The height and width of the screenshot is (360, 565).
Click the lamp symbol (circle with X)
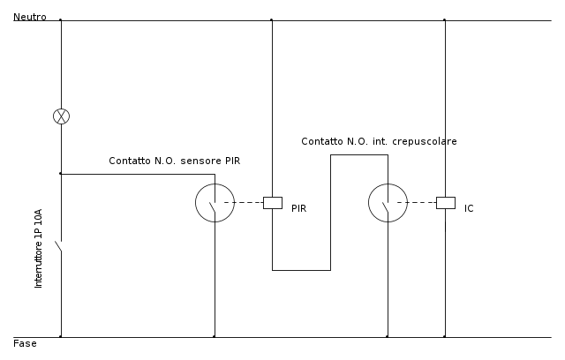pyautogui.click(x=61, y=116)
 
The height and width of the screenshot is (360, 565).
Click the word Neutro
pyautogui.click(x=30, y=17)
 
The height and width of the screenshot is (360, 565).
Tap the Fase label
pyautogui.click(x=25, y=343)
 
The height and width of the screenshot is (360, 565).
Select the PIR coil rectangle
pyautogui.click(x=273, y=203)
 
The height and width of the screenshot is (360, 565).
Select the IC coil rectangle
pyautogui.click(x=446, y=203)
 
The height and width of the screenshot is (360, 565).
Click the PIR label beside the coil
pyautogui.click(x=298, y=208)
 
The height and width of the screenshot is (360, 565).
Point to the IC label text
pyautogui.click(x=469, y=208)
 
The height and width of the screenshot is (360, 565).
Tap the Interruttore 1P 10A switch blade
pyautogui.click(x=58, y=246)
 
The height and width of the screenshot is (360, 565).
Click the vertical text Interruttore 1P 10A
pyautogui.click(x=38, y=249)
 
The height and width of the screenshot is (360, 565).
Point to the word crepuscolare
pyautogui.click(x=425, y=141)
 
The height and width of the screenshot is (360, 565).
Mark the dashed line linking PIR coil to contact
pyautogui.click(x=244, y=203)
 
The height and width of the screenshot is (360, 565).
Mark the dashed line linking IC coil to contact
pyautogui.click(x=417, y=203)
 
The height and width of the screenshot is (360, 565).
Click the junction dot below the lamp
pyautogui.click(x=61, y=174)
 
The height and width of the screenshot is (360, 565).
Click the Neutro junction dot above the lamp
pyautogui.click(x=61, y=19)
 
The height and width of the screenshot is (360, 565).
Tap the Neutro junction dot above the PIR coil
pyautogui.click(x=272, y=19)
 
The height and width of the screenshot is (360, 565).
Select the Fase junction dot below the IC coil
pyautogui.click(x=445, y=336)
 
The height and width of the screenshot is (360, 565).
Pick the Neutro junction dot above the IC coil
pyautogui.click(x=445, y=19)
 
